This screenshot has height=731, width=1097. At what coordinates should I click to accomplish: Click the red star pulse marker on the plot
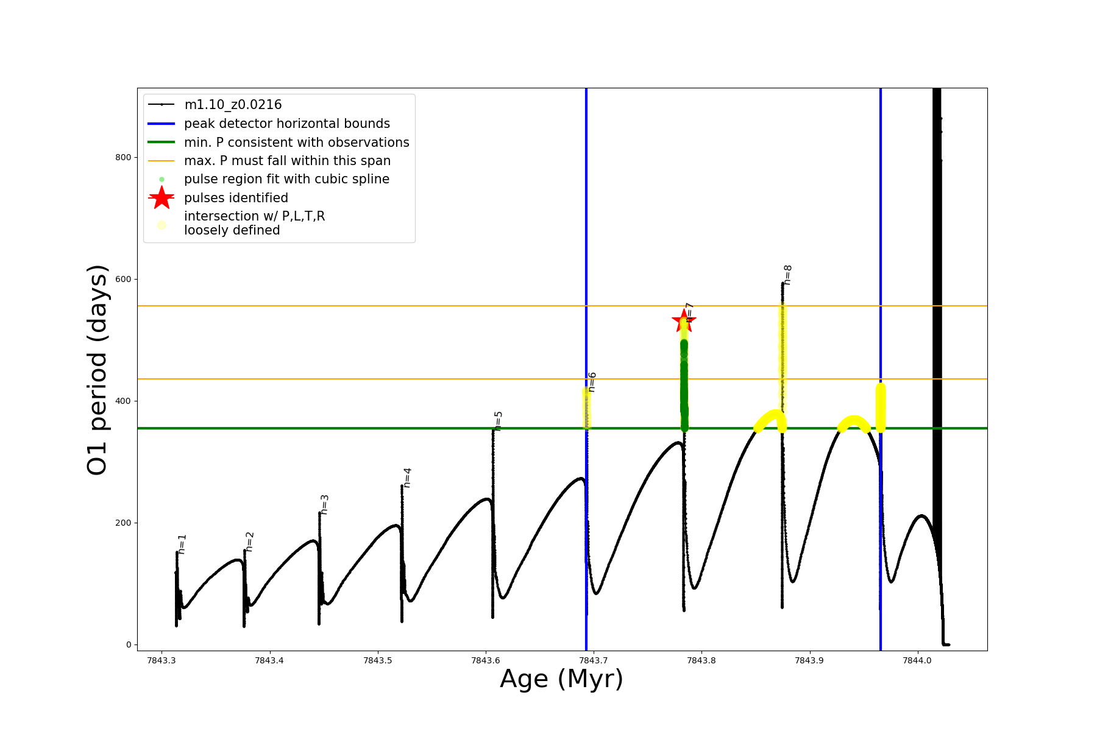point(684,321)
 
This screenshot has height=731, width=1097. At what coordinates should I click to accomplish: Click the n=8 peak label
point(787,275)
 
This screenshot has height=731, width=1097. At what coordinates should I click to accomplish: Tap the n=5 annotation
point(498,421)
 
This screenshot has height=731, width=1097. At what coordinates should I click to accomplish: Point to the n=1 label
point(182,544)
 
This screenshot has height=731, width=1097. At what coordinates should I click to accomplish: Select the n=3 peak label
point(324,504)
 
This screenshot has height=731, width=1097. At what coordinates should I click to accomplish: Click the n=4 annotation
point(407,478)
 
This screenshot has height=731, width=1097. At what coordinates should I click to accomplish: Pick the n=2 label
point(249,542)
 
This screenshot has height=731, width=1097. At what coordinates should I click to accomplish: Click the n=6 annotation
point(591,382)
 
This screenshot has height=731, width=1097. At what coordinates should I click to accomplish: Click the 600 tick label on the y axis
point(123,279)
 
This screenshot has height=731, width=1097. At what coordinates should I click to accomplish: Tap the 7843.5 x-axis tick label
point(378,660)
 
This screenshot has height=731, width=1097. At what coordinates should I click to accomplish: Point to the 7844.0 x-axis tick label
point(918,660)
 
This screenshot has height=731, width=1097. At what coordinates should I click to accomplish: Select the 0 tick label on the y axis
point(128,644)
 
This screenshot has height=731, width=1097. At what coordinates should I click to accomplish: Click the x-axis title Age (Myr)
point(561,679)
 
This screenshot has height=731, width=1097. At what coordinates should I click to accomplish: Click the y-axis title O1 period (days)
point(98,370)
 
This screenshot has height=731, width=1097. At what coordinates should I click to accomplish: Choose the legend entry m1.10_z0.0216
point(233,105)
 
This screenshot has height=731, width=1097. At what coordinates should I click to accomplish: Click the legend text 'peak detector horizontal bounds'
point(286,124)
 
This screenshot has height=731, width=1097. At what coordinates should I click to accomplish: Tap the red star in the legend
point(162,198)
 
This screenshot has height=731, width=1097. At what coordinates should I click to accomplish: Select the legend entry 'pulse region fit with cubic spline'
point(286,179)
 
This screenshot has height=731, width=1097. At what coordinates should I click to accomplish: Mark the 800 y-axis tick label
point(123,157)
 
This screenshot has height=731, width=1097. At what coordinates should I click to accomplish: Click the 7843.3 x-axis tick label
point(162,660)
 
